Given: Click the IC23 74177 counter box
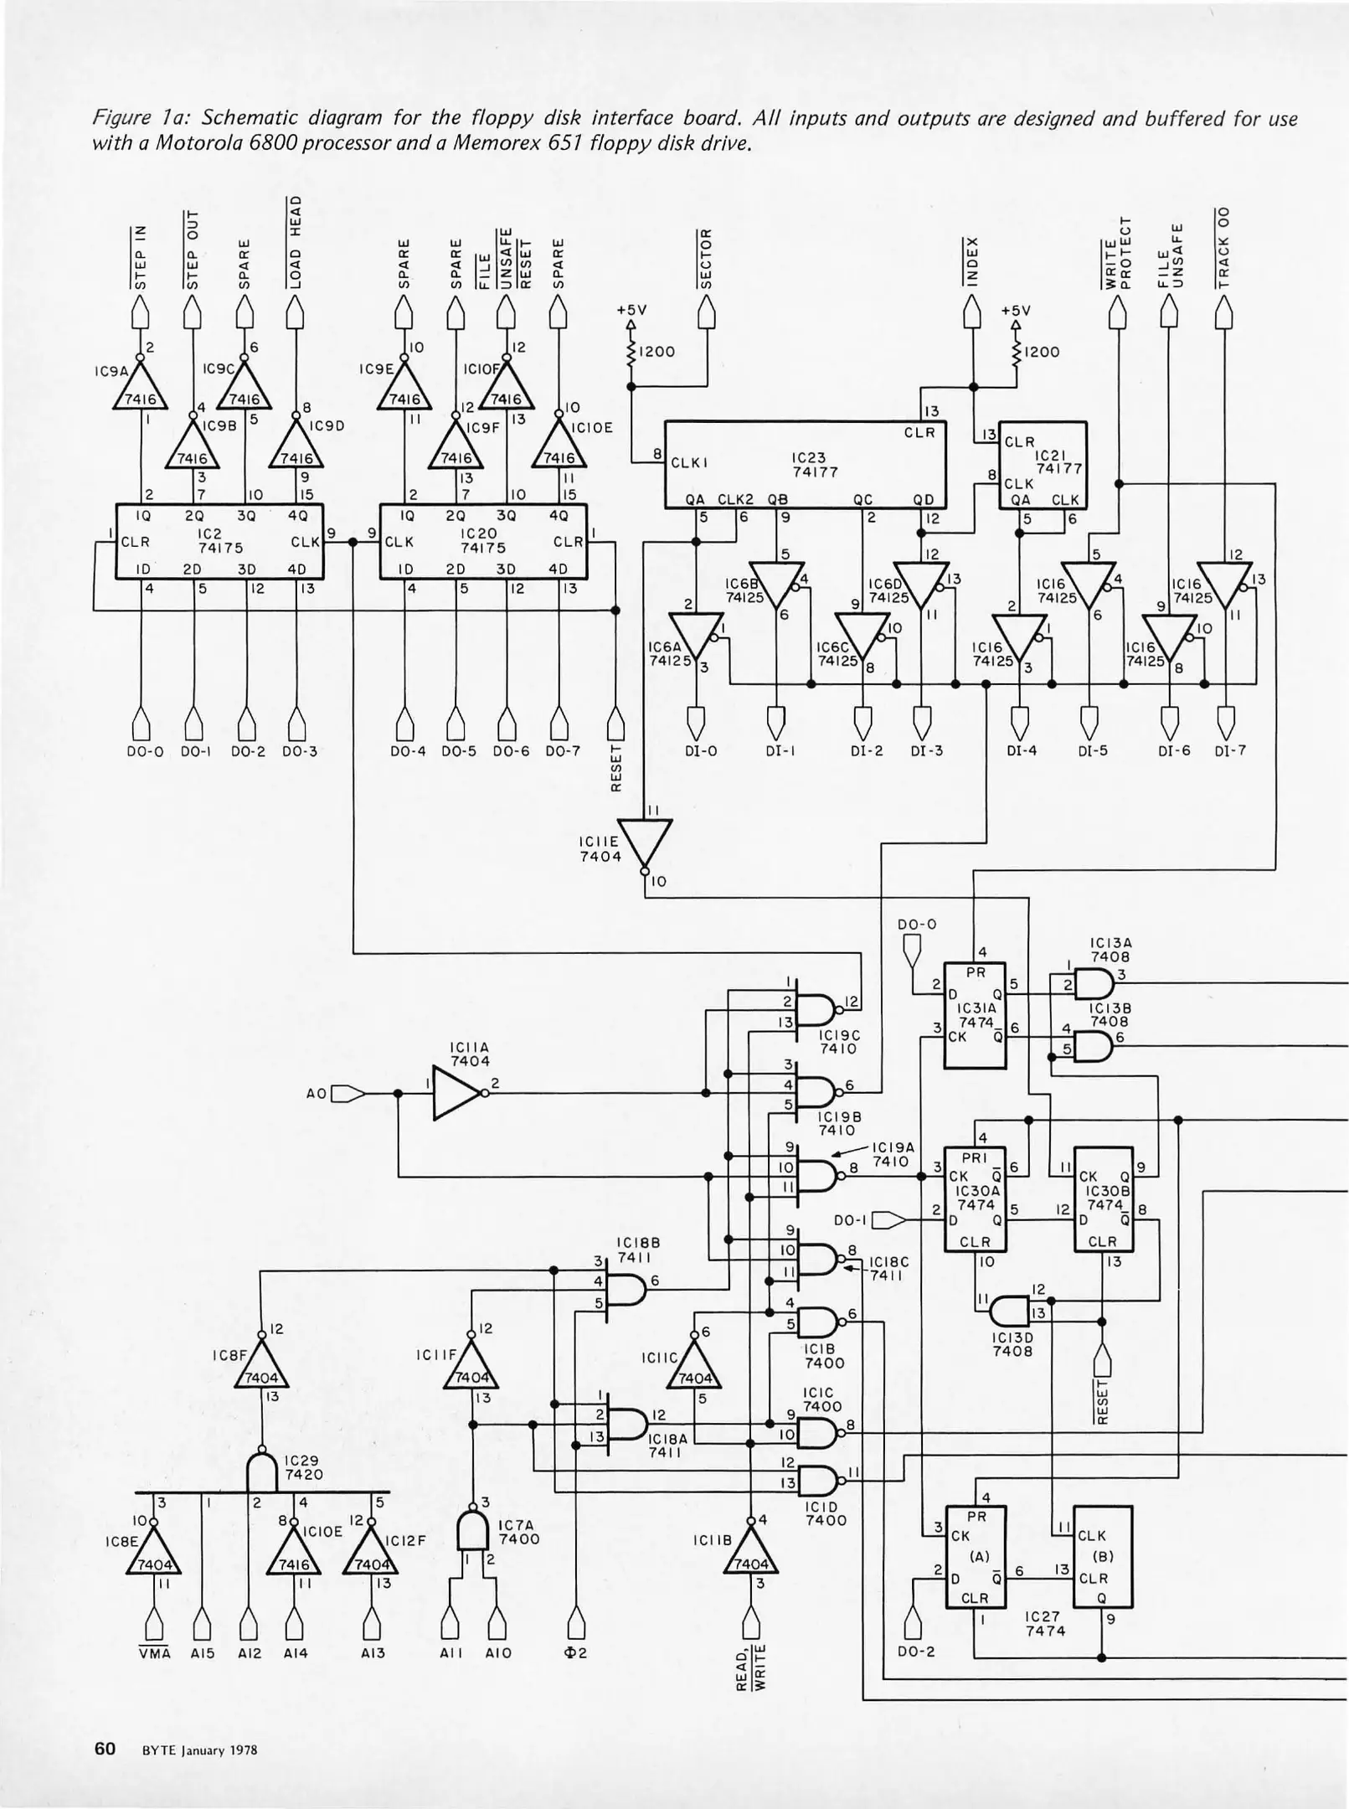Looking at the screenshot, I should point(806,464).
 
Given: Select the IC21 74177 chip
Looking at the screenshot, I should point(1043,465).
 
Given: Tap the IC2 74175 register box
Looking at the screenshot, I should point(219,541).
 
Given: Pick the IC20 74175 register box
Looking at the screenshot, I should point(483,541).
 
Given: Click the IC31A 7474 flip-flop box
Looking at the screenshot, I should point(975,1015).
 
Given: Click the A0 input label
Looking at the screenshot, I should point(317,1094).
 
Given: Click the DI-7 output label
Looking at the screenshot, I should point(1230,751).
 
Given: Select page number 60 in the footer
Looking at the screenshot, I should point(105,1749).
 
